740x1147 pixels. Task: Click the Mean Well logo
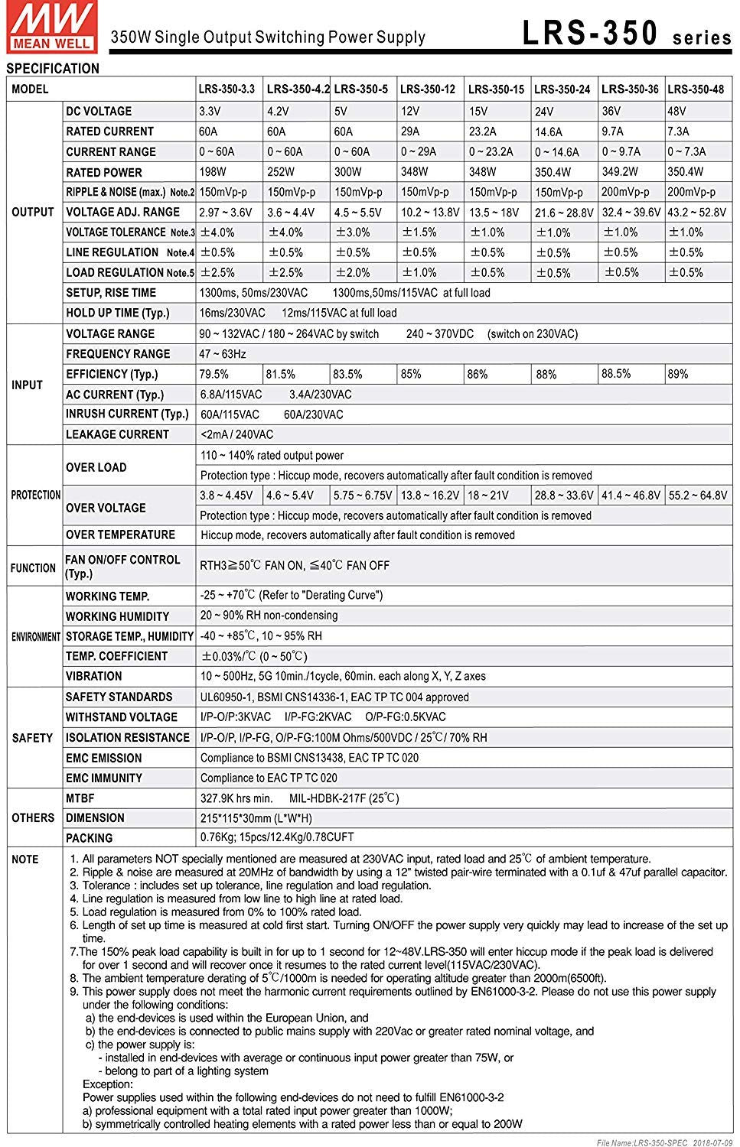pos(51,25)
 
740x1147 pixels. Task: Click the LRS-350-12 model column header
pos(427,89)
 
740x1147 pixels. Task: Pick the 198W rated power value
pos(214,172)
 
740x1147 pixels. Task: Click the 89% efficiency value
pos(677,374)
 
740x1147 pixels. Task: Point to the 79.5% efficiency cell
pos(214,374)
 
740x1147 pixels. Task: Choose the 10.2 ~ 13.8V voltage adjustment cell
pos(430,213)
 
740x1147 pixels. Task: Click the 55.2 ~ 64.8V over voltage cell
pos(697,496)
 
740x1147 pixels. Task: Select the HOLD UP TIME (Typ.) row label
pos(118,313)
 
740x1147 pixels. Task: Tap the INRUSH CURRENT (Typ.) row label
pos(127,414)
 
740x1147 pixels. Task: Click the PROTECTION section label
pos(35,496)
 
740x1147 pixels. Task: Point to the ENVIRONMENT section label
pos(35,637)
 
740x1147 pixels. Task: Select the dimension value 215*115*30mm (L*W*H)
pos(256,817)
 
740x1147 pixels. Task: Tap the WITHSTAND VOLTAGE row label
pos(121,717)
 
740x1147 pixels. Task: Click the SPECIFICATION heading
pos(53,69)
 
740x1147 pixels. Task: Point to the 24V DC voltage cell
pos(544,112)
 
